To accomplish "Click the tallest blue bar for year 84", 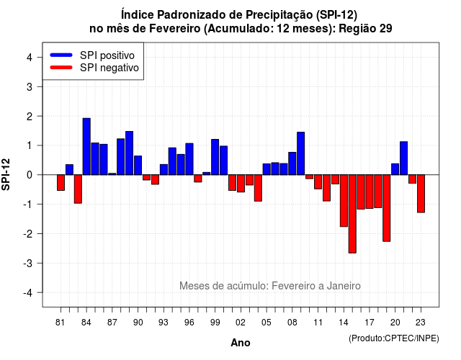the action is [x=86, y=146].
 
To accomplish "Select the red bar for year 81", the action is [x=61, y=182].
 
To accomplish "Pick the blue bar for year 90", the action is [x=138, y=165].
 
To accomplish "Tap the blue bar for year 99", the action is [x=215, y=157].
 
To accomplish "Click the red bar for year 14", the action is [x=344, y=201].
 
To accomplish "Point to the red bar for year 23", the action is [x=421, y=194].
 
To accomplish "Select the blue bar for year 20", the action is [x=395, y=169].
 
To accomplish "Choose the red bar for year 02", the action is [x=241, y=184].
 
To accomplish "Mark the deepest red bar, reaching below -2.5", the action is [x=352, y=214].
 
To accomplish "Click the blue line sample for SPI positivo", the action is [x=61, y=55].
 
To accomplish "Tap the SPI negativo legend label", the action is [x=109, y=68].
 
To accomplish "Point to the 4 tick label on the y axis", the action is [x=30, y=58].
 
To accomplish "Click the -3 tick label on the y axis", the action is [x=27, y=263].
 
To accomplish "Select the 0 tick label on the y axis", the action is [x=30, y=175].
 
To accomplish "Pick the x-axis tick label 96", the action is [x=189, y=323].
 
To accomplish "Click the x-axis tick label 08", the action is [x=292, y=323].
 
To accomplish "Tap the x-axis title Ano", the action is [x=241, y=343].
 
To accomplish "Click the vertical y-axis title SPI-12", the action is [x=6, y=174].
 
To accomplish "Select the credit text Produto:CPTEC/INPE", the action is [x=394, y=338].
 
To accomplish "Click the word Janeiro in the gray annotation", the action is [x=344, y=286].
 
